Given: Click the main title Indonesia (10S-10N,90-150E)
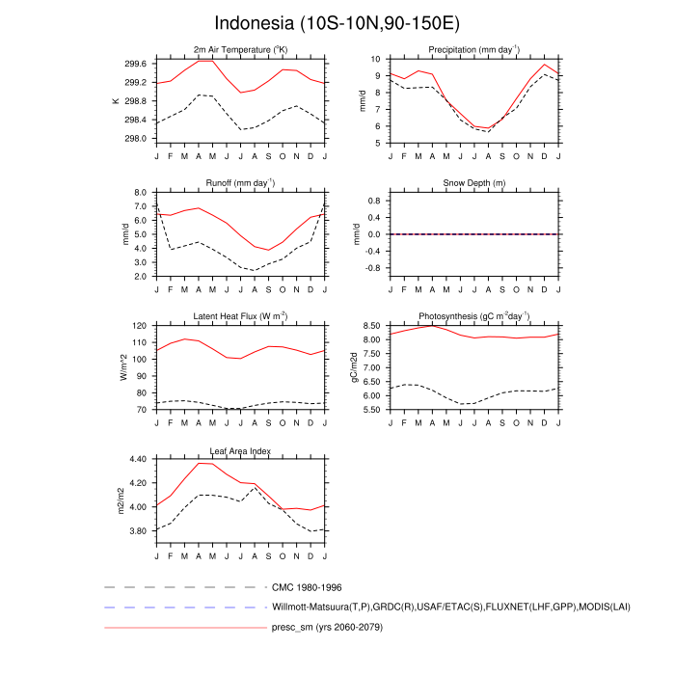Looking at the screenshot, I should point(337,22).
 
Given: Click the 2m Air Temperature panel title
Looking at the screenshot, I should point(240,49).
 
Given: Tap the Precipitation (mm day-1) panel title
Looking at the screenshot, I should point(473,49).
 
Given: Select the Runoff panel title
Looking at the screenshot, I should point(240,182).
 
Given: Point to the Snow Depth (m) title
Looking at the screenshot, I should point(473,183).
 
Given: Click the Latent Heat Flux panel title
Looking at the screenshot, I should point(240,316).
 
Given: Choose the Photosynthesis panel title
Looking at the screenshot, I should point(473,316).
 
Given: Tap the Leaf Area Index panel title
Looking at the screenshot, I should point(240,450).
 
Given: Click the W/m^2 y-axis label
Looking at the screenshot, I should point(123,367).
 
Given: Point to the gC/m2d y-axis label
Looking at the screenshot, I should point(355,367).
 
